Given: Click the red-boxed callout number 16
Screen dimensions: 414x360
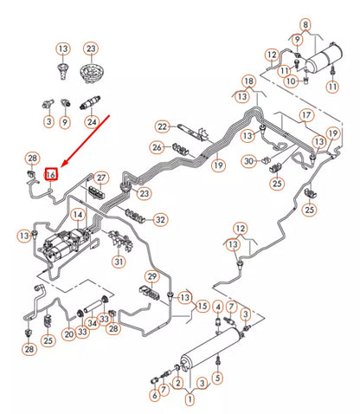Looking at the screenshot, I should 51,173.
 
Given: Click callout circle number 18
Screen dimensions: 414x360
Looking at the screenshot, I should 248,81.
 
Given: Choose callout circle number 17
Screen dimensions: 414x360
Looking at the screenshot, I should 306,115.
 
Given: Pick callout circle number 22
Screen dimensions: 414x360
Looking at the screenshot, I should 162,127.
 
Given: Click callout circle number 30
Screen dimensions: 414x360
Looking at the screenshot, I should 249,160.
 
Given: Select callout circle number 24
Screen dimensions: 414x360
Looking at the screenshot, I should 91,121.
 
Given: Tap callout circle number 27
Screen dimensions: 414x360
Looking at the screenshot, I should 101,178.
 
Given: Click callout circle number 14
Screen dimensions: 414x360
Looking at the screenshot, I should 78,214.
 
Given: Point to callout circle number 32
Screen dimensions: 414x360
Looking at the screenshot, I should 160,220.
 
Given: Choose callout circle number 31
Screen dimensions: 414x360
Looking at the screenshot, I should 119,262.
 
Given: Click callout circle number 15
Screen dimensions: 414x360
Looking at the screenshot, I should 202,307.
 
